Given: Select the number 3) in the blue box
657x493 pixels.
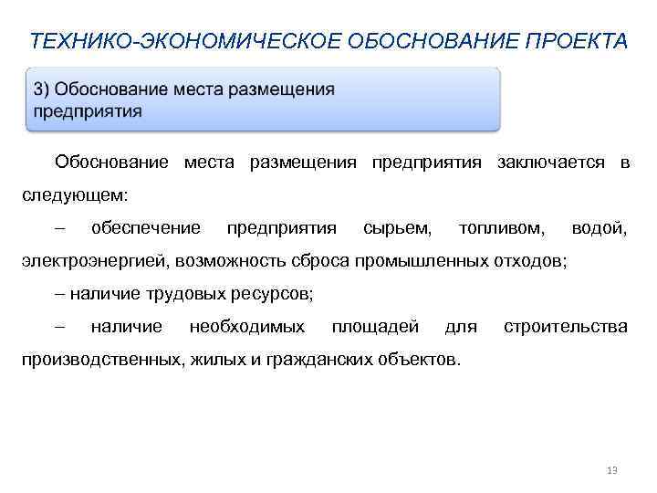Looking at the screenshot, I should tap(42, 89).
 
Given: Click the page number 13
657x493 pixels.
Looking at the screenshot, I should tap(611, 470).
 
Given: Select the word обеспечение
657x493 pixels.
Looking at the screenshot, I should tap(145, 227).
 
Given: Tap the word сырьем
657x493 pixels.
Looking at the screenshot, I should tap(397, 227).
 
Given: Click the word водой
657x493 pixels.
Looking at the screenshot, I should tap(599, 227).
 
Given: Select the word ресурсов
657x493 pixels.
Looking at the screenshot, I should tap(275, 293).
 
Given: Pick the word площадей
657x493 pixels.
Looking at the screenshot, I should tap(375, 326).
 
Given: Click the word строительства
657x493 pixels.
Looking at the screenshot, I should tap(565, 326).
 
